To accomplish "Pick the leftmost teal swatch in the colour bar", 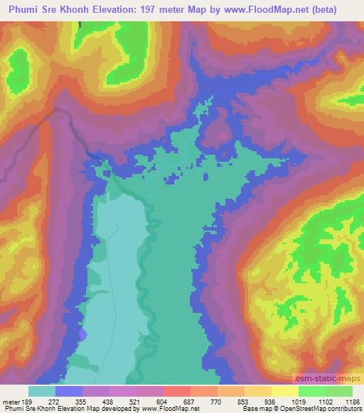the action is [x=42, y=391].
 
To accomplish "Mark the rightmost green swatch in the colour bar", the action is [x=339, y=391].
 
